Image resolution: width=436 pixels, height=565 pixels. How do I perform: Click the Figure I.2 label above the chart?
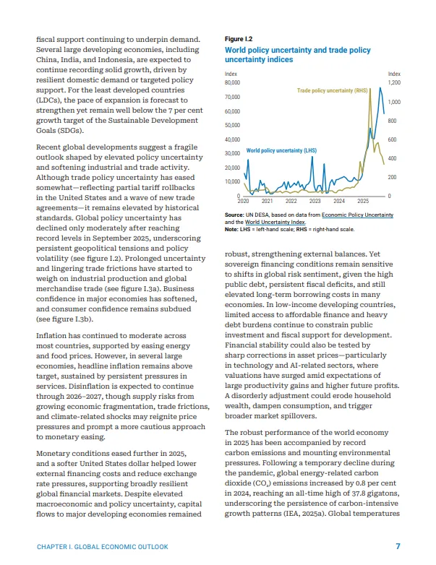[x=239, y=38]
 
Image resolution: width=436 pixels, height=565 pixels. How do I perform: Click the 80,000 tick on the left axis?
[x=234, y=83]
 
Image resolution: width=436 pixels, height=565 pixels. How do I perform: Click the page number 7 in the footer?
[x=398, y=546]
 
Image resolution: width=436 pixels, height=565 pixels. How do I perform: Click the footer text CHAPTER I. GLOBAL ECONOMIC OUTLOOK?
[x=102, y=547]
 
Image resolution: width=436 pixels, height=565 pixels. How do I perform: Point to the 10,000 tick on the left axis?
[x=234, y=181]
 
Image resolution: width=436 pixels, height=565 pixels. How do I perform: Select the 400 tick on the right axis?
[x=392, y=158]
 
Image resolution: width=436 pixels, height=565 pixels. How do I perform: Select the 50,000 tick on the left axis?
[x=234, y=126]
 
